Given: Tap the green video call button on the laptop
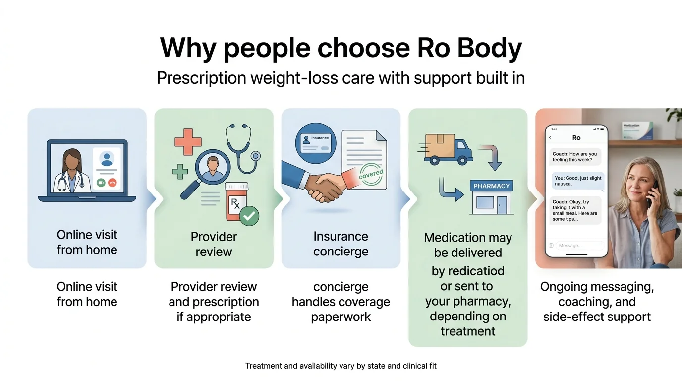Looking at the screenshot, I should point(101,182).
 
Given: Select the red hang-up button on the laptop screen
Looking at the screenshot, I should point(112,182).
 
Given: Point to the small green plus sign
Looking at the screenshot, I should point(180,171).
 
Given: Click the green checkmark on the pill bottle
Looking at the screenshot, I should point(249,216).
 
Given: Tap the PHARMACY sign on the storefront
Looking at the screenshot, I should point(492,186).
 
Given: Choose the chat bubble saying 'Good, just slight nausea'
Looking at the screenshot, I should point(578,181).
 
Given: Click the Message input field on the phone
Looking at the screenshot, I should point(579,246).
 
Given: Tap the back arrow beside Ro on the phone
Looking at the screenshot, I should point(550,138).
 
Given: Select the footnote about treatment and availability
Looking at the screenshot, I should point(341,366).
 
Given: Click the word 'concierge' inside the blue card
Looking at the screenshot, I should point(341,252).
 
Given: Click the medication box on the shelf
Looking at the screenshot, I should point(637,130).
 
